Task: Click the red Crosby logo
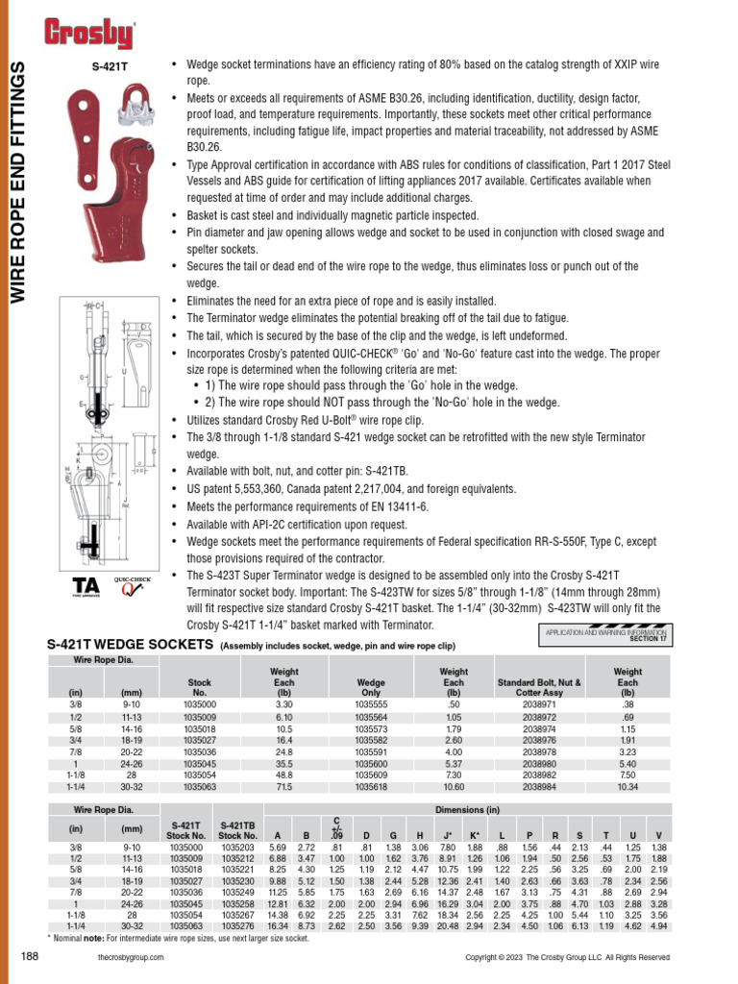pyautogui.click(x=89, y=35)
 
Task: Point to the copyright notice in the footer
pyautogui.click(x=567, y=957)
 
